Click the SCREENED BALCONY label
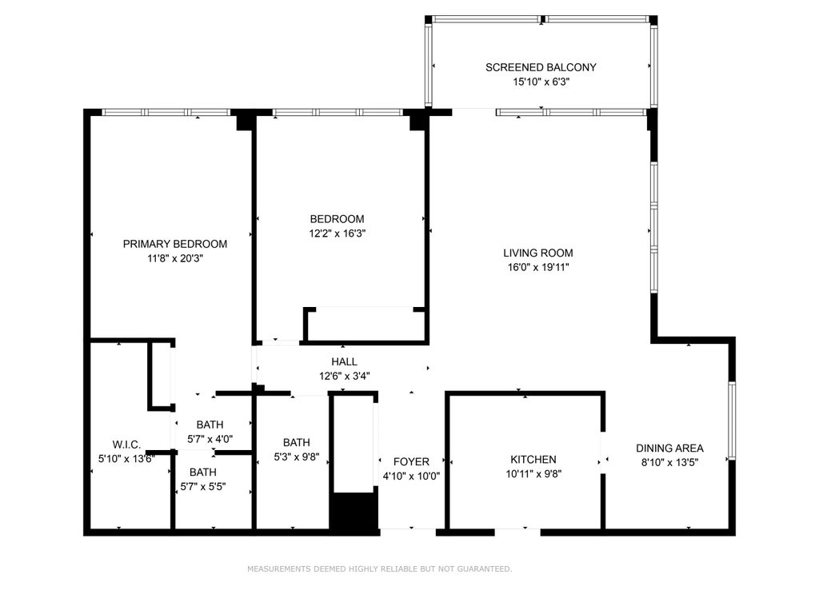pyautogui.click(x=541, y=67)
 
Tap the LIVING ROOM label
pyautogui.click(x=538, y=253)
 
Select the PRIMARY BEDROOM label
pyautogui.click(x=175, y=244)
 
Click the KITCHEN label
pyautogui.click(x=533, y=460)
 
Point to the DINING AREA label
pyautogui.click(x=669, y=448)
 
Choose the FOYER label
pyautogui.click(x=412, y=461)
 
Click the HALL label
pyautogui.click(x=344, y=361)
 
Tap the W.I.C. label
pyautogui.click(x=126, y=445)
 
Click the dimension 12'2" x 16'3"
pyautogui.click(x=337, y=233)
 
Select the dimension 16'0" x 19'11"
pyautogui.click(x=538, y=267)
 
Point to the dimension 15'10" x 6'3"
pyautogui.click(x=541, y=82)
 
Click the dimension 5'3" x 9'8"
pyautogui.click(x=297, y=457)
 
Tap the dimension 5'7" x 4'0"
pyautogui.click(x=210, y=439)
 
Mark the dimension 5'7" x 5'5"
pyautogui.click(x=203, y=487)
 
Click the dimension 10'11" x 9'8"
pyautogui.click(x=533, y=474)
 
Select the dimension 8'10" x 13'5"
pyautogui.click(x=669, y=462)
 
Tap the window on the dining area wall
pyautogui.click(x=733, y=421)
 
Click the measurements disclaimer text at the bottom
pyautogui.click(x=380, y=568)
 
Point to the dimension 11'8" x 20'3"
pyautogui.click(x=175, y=258)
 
